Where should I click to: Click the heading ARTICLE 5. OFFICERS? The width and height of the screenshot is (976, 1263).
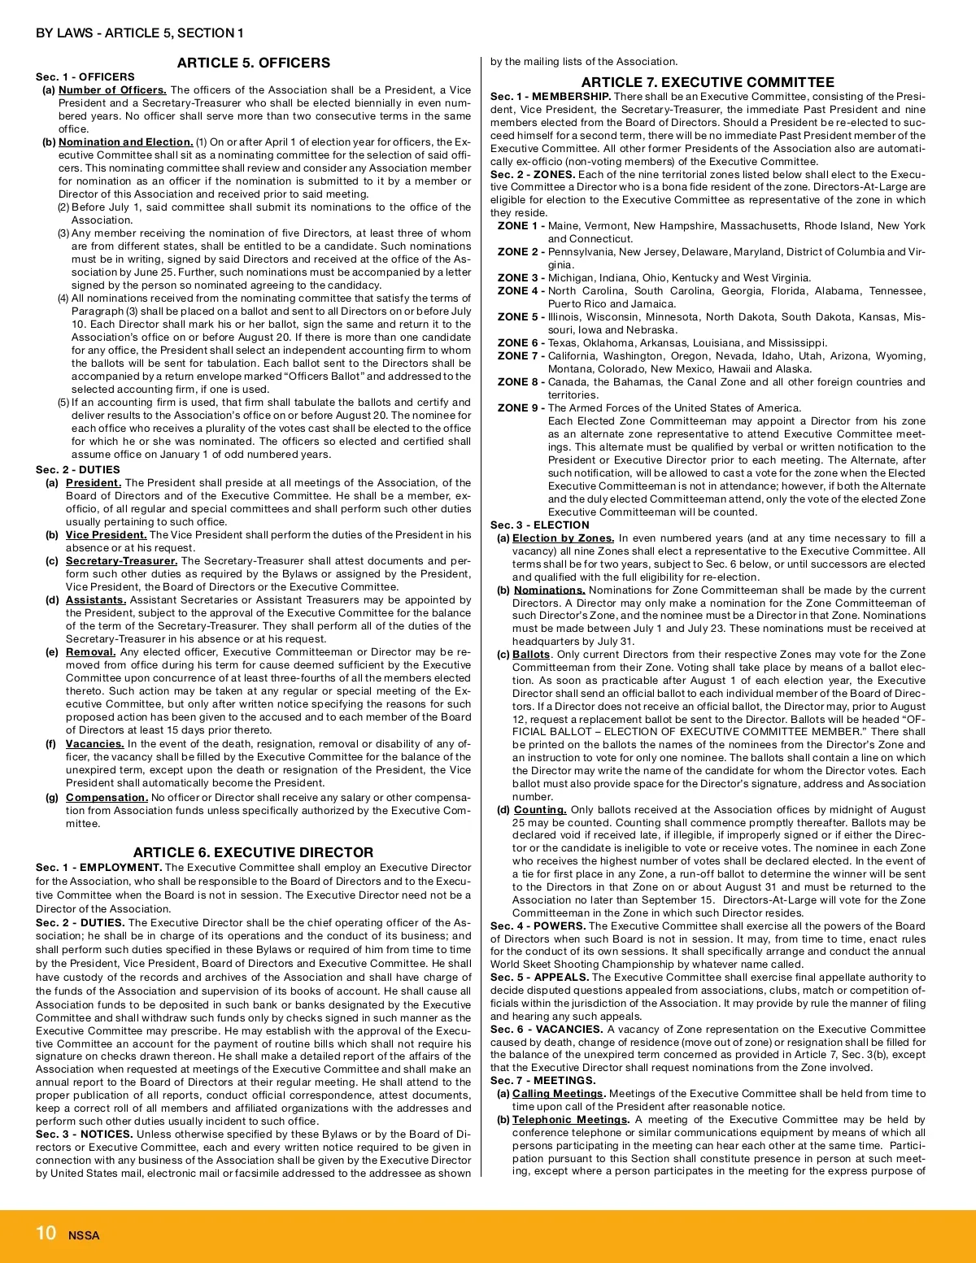tap(253, 63)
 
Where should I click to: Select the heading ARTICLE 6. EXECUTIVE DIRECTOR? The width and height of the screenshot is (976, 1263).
tap(253, 852)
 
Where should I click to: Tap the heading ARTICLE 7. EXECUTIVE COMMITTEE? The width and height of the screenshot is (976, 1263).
tap(708, 82)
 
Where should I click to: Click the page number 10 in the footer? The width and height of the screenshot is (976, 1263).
tap(46, 1233)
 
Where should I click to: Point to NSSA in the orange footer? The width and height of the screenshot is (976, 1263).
tap(84, 1235)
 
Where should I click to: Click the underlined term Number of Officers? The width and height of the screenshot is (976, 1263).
tap(112, 90)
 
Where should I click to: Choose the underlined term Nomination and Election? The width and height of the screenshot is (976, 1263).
tap(125, 142)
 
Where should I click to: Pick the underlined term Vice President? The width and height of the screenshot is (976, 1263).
tap(106, 535)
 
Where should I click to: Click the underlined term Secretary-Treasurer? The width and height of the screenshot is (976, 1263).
tap(121, 561)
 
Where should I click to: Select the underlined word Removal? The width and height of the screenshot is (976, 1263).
tap(90, 652)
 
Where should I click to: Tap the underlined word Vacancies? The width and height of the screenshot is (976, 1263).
tap(94, 744)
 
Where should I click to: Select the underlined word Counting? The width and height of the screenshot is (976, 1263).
tap(540, 810)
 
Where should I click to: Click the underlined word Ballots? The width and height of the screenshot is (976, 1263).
tap(531, 655)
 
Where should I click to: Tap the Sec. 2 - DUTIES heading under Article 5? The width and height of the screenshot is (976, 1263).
tap(77, 470)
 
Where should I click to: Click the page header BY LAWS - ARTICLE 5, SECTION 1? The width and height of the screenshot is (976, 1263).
tap(139, 33)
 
